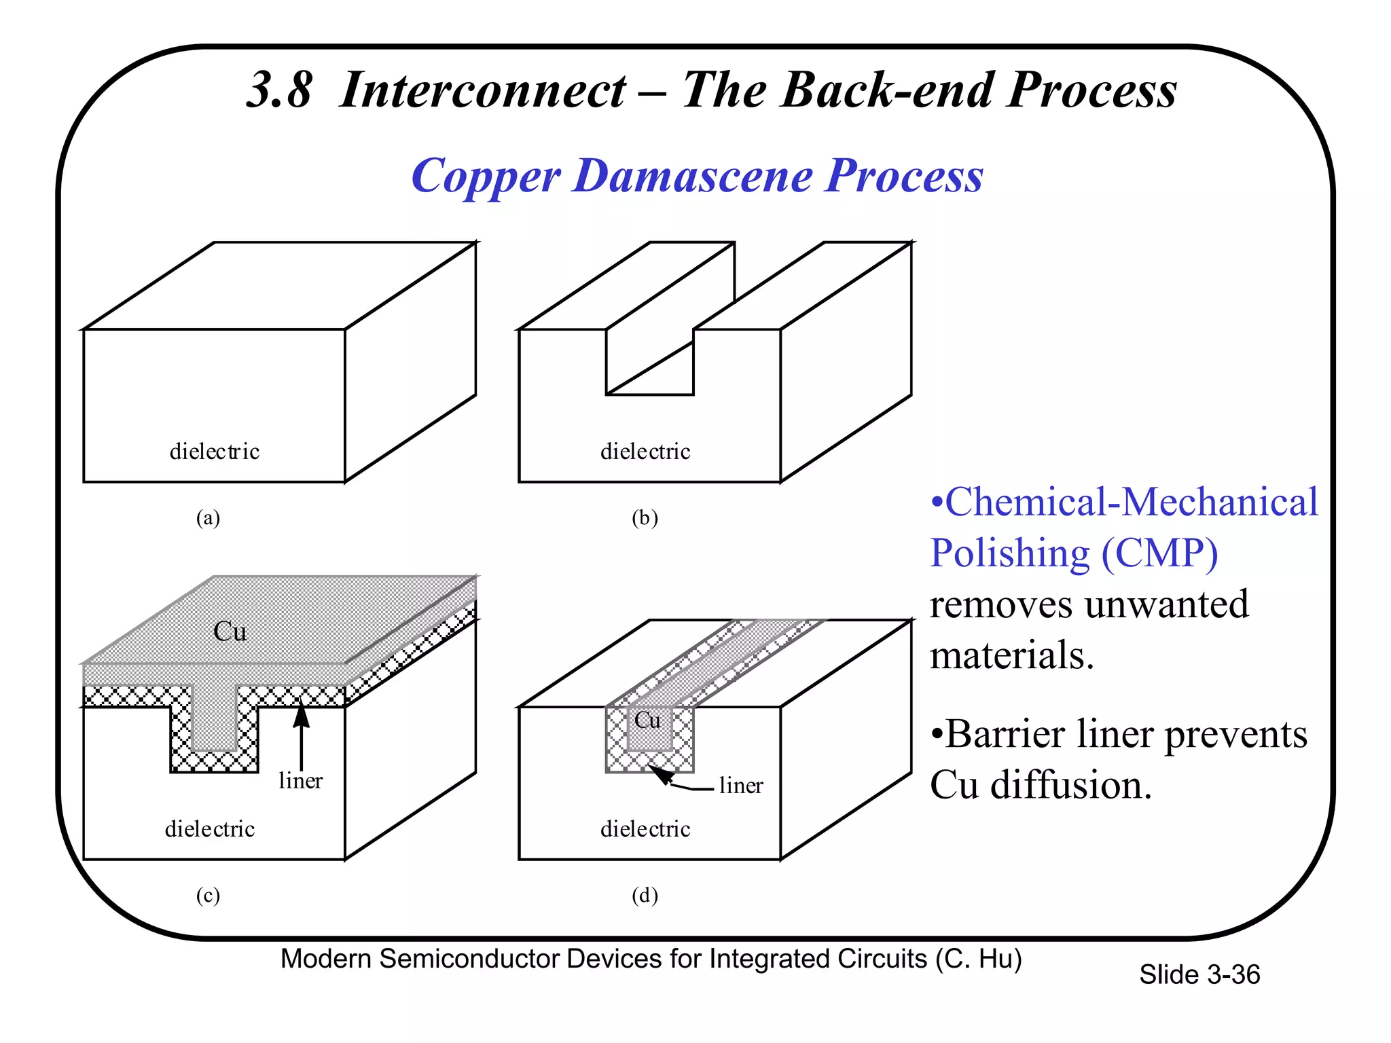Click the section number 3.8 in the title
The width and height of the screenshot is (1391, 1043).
coord(279,90)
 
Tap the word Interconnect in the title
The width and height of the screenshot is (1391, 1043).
coord(482,90)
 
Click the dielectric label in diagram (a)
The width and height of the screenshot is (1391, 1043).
coord(214,452)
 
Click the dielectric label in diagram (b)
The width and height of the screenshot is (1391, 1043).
coord(645,452)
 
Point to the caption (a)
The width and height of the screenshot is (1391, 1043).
coord(208,518)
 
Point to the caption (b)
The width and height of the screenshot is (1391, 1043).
coord(645,518)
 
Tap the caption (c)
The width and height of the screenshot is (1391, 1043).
coord(208,896)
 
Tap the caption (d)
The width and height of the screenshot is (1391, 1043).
coord(645,896)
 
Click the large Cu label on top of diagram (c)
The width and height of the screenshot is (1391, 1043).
coord(230,632)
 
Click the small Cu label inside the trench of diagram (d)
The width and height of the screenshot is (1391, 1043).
coord(647,720)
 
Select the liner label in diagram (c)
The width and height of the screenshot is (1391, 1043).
coord(300,781)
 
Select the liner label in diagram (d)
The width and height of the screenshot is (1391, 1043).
coord(741,786)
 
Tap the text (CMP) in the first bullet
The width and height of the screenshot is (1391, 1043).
coord(1159,553)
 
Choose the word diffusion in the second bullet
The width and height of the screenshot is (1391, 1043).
coord(1071,786)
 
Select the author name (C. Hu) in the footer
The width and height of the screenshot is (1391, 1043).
coord(978,959)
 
